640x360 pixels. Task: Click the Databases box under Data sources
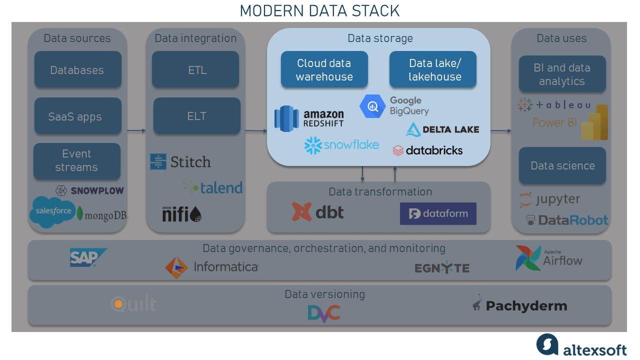(x=77, y=70)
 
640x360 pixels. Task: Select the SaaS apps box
(x=77, y=116)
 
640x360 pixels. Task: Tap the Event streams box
(x=77, y=161)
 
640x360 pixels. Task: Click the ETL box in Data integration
(x=195, y=70)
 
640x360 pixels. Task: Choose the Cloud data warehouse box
(x=324, y=70)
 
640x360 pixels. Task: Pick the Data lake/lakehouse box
(x=433, y=70)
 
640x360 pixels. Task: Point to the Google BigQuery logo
(x=394, y=106)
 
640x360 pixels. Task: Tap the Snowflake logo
(x=341, y=145)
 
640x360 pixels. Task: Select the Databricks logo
(x=427, y=150)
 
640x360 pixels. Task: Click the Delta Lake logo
(x=442, y=129)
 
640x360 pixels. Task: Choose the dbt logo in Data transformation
(x=317, y=212)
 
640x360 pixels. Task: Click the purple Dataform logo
(x=438, y=214)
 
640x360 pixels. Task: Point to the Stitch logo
(x=180, y=161)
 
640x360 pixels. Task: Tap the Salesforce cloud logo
(x=53, y=211)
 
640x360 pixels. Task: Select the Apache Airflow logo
(x=549, y=258)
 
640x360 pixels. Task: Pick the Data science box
(x=562, y=165)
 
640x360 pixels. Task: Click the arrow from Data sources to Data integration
(x=136, y=131)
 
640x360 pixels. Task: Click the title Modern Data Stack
(x=319, y=10)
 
